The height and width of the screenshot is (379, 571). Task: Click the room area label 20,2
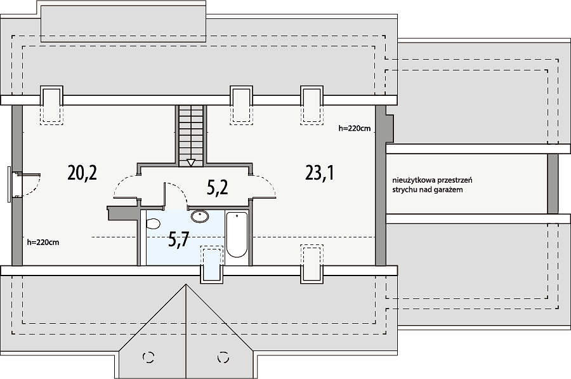click(x=82, y=173)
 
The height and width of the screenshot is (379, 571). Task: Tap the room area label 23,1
click(x=319, y=173)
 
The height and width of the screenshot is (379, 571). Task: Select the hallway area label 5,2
click(x=218, y=188)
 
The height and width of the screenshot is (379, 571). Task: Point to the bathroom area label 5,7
click(x=178, y=239)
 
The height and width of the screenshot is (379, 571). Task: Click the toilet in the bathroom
click(x=153, y=223)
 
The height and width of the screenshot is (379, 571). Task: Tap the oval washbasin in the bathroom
click(x=200, y=216)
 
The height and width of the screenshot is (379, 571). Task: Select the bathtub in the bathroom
click(x=237, y=235)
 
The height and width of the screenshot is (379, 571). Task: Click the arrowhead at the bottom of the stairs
click(x=191, y=163)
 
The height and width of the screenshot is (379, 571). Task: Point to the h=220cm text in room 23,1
click(x=354, y=128)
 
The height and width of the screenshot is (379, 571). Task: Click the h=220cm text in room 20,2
click(x=43, y=242)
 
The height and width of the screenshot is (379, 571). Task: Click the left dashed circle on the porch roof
click(x=148, y=357)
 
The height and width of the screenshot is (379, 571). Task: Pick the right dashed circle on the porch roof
click(x=223, y=357)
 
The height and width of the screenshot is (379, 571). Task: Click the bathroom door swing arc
click(x=180, y=191)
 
